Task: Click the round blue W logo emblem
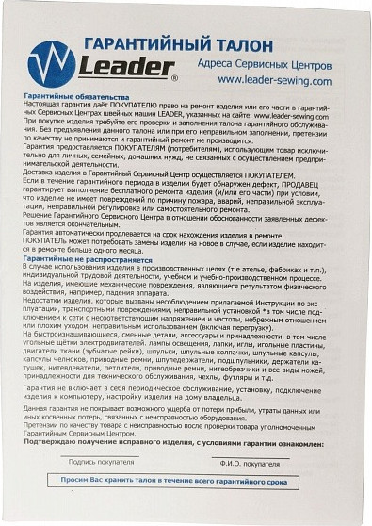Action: (51, 62)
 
